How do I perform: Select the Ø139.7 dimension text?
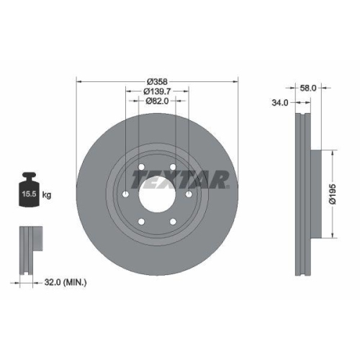tap(156, 91)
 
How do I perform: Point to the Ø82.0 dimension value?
tap(156, 102)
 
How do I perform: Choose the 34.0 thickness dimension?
tap(279, 103)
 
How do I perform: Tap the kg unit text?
tap(47, 195)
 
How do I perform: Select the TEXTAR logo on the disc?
tap(184, 179)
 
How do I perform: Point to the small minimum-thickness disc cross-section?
tap(30, 251)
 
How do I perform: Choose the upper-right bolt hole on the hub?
tap(174, 168)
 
